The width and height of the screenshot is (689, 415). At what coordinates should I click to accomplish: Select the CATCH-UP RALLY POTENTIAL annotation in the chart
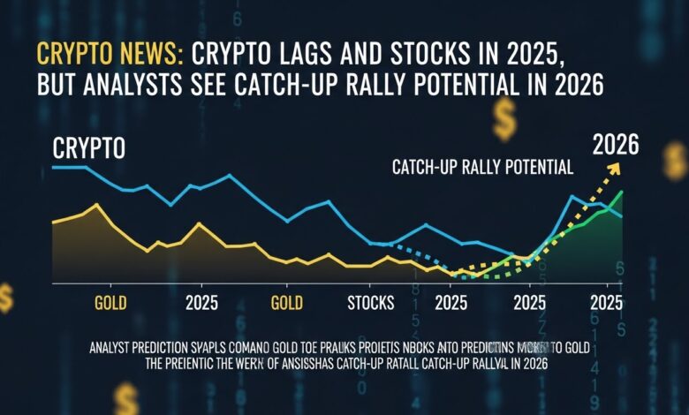tap(482, 166)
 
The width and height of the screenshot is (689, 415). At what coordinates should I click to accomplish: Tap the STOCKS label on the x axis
tap(371, 303)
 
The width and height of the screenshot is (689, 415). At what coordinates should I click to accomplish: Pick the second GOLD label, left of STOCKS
tap(287, 303)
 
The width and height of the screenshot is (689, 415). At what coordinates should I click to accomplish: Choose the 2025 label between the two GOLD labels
tap(202, 303)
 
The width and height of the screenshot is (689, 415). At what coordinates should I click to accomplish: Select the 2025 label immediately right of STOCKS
tap(450, 303)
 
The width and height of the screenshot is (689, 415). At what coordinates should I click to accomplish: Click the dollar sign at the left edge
tap(6, 298)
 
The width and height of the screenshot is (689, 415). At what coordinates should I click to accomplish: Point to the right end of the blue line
tap(622, 216)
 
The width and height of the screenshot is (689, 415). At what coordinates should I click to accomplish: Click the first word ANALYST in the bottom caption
tap(115, 350)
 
